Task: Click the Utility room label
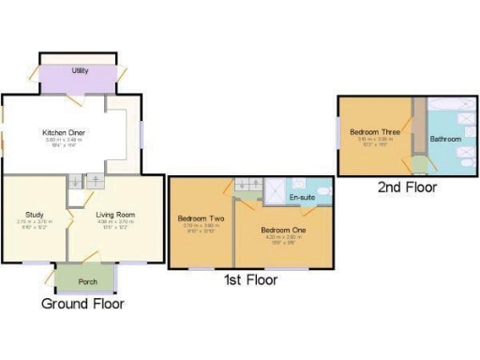click(x=80, y=70)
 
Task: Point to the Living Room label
click(x=116, y=215)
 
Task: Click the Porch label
click(x=87, y=281)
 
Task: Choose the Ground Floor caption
click(x=82, y=304)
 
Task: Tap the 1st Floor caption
click(x=249, y=280)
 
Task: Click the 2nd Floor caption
click(x=407, y=187)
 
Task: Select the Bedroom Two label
click(x=198, y=218)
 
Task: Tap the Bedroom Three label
click(x=371, y=133)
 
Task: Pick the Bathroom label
click(x=445, y=139)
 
